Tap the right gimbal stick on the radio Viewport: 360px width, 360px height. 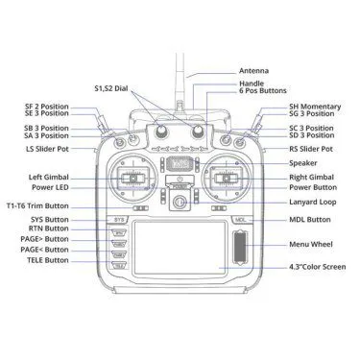[227, 177]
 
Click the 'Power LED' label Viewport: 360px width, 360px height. [52, 187]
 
